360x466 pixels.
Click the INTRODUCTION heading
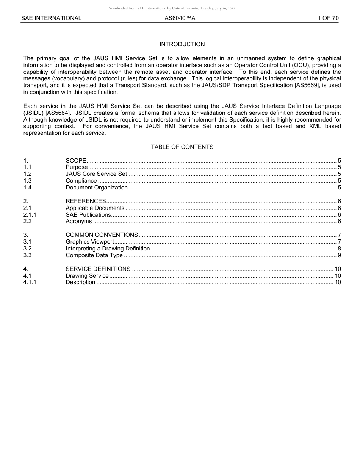pyautogui.click(x=182, y=44)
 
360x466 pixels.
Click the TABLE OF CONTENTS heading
pyautogui.click(x=182, y=147)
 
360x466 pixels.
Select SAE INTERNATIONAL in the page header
pyautogui.click(x=51, y=18)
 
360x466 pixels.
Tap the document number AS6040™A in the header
pyautogui.click(x=180, y=18)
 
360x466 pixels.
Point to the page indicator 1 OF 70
pyautogui.click(x=328, y=18)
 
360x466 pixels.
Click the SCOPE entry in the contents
pyautogui.click(x=76, y=161)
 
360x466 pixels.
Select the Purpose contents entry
pyautogui.click(x=77, y=167)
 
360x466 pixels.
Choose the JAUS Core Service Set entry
pyautogui.click(x=96, y=174)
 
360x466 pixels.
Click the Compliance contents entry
pyautogui.click(x=81, y=181)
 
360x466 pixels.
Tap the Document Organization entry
pyautogui.click(x=97, y=188)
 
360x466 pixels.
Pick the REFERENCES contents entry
pyautogui.click(x=86, y=201)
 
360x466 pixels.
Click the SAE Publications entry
pyautogui.click(x=88, y=215)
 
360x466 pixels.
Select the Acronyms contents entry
pyautogui.click(x=79, y=221)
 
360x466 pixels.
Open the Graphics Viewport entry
pyautogui.click(x=90, y=242)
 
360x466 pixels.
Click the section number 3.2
pyautogui.click(x=27, y=249)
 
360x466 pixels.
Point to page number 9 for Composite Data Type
pyautogui.click(x=339, y=255)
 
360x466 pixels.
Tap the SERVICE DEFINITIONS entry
pyautogui.click(x=98, y=269)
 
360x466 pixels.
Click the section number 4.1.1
pyautogui.click(x=30, y=282)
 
